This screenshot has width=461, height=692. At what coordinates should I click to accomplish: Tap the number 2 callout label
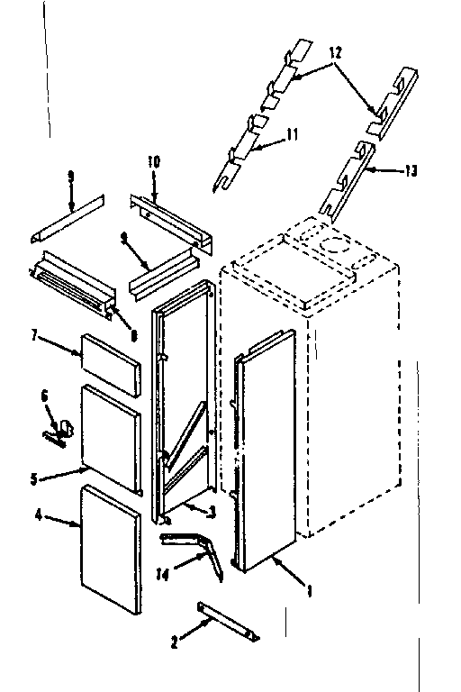[176, 642]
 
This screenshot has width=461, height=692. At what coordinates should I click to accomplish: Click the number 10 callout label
[153, 161]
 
